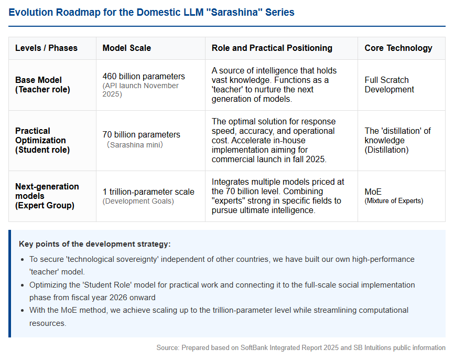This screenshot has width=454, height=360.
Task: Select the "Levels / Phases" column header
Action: pos(46,48)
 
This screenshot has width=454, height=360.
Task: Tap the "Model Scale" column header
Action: pos(126,48)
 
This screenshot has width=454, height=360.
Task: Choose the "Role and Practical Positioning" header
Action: pos(272,48)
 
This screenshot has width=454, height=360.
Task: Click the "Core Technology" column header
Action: pos(398,48)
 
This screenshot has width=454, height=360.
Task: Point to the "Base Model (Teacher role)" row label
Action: pos(42,84)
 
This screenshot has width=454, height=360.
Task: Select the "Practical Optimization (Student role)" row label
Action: pos(42,140)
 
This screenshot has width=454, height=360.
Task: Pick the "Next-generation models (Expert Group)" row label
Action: pos(47,196)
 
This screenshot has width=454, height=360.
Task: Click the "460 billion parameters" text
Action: pos(144,76)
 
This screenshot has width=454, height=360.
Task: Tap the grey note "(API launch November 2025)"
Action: pos(140,90)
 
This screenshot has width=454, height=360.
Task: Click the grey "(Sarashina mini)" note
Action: pos(135,145)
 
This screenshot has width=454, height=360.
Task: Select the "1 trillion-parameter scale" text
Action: pos(148,192)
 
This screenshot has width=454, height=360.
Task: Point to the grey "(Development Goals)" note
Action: pos(138,201)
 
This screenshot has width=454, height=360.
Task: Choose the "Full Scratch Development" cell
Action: pos(389,84)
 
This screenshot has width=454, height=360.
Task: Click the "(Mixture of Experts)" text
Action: pos(394,201)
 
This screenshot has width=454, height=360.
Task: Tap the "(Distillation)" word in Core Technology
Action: pos(386,150)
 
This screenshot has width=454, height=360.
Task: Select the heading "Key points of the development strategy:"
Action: pos(95,244)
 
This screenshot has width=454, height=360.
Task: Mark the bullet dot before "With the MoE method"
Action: pos(23,311)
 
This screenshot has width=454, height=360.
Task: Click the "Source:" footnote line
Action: pos(301,347)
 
